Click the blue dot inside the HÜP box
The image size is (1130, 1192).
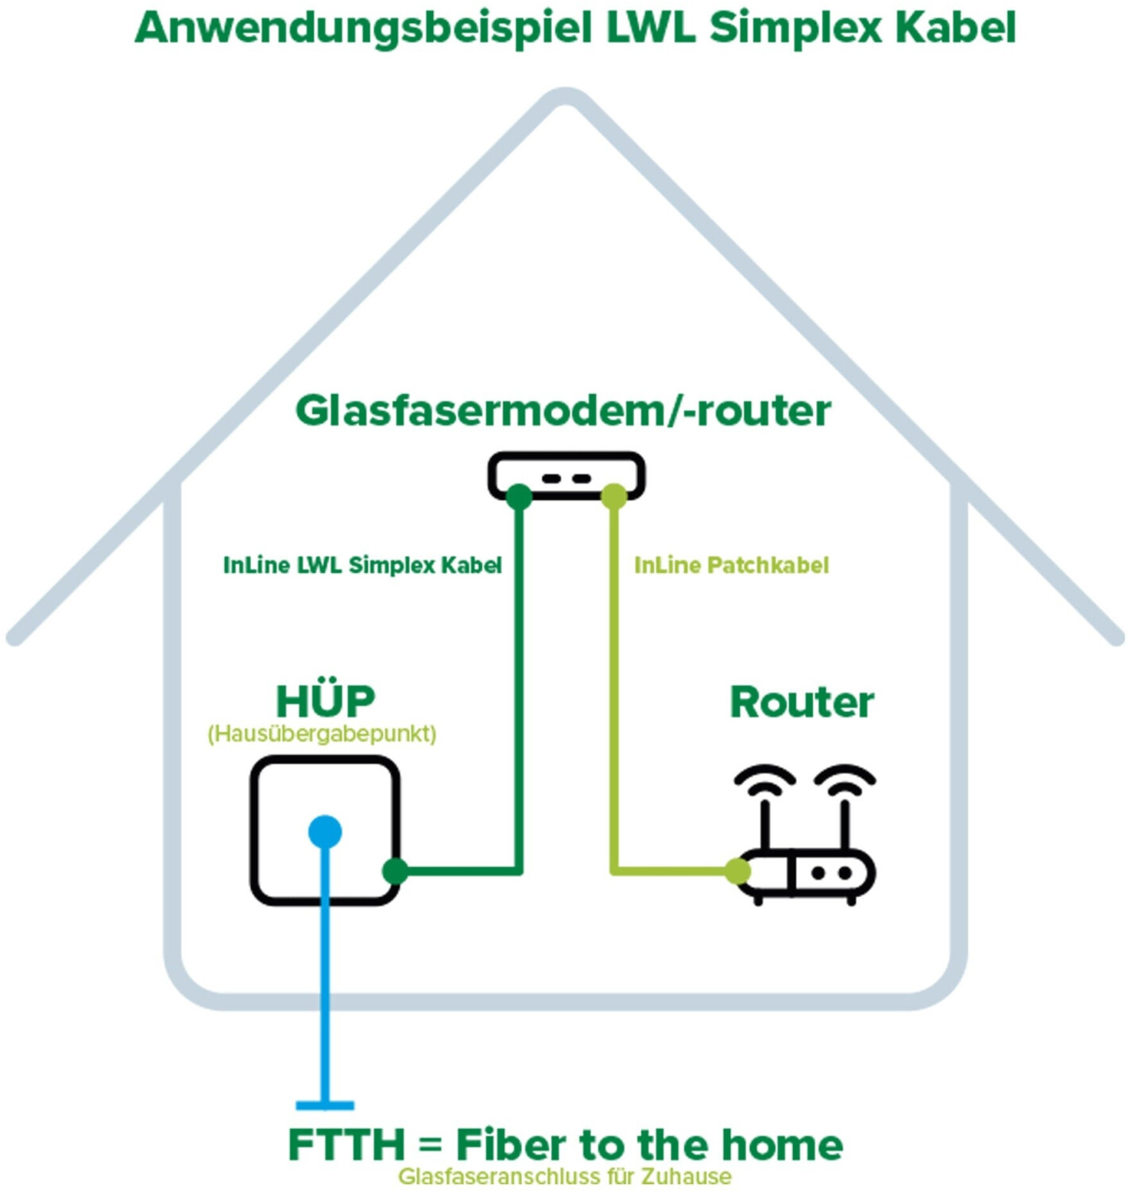tap(325, 832)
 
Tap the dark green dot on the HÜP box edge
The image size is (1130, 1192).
tap(395, 871)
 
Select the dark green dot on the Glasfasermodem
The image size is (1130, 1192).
tap(519, 497)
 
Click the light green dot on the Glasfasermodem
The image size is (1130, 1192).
tap(613, 497)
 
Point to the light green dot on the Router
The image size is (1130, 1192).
tap(737, 871)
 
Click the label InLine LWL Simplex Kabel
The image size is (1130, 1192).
tap(362, 565)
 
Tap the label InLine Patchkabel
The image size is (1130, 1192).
tap(731, 565)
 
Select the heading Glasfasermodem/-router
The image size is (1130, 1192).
tap(563, 411)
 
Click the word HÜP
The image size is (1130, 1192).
tap(325, 702)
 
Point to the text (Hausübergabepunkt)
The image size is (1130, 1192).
tap(322, 733)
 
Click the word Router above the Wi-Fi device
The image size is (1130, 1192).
tap(802, 702)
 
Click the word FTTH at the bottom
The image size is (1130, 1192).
tap(346, 1145)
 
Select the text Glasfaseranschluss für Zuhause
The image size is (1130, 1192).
tap(564, 1176)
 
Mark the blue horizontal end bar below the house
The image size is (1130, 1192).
tap(325, 1105)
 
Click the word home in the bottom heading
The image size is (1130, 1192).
tap(782, 1145)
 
